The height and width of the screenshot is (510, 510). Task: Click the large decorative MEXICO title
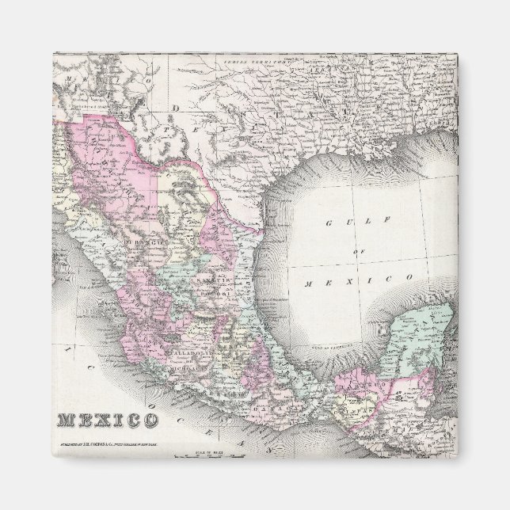106,420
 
